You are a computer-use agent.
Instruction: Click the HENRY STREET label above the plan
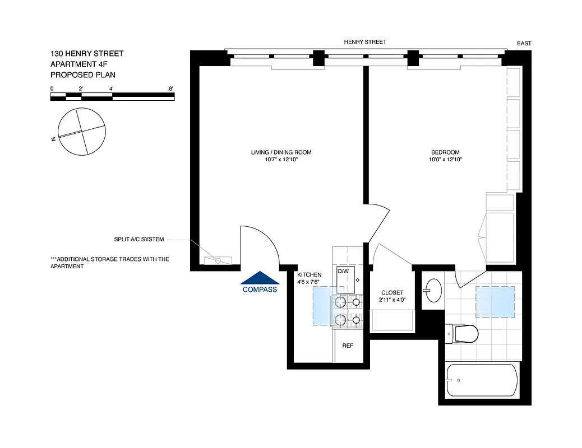point(365,42)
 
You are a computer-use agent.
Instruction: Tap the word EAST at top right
point(524,43)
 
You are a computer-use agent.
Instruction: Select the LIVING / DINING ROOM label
point(281,152)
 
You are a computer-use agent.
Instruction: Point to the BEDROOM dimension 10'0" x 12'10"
point(445,160)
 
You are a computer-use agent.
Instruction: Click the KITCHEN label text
point(309,274)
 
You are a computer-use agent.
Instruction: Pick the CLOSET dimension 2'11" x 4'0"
point(392,300)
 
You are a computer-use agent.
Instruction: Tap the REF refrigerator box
point(348,346)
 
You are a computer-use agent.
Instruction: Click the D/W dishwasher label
point(343,271)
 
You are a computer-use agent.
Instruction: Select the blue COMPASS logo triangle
point(260,278)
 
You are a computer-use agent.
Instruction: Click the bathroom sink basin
point(432,291)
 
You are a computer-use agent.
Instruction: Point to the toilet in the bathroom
point(463,334)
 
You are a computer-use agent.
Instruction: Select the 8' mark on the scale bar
point(170,88)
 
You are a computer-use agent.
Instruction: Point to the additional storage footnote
point(109,263)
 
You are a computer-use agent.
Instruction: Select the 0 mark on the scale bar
point(52,88)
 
